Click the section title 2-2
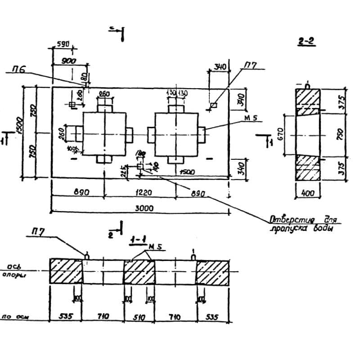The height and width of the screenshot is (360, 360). pyautogui.click(x=306, y=42)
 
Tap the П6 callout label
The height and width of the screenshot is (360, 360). pyautogui.click(x=19, y=69)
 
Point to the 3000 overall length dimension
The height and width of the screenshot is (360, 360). pyautogui.click(x=144, y=208)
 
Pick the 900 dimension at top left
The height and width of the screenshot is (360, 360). pyautogui.click(x=68, y=60)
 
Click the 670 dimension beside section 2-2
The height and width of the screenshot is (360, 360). pyautogui.click(x=280, y=133)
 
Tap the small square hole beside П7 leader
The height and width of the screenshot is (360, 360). pyautogui.click(x=213, y=105)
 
